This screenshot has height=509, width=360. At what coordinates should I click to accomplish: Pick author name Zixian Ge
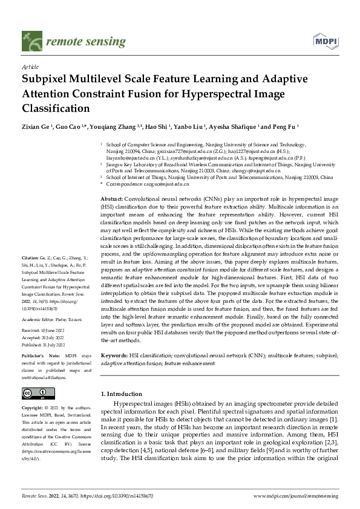click(x=37, y=128)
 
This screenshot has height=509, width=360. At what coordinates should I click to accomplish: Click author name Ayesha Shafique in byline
click(x=234, y=128)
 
